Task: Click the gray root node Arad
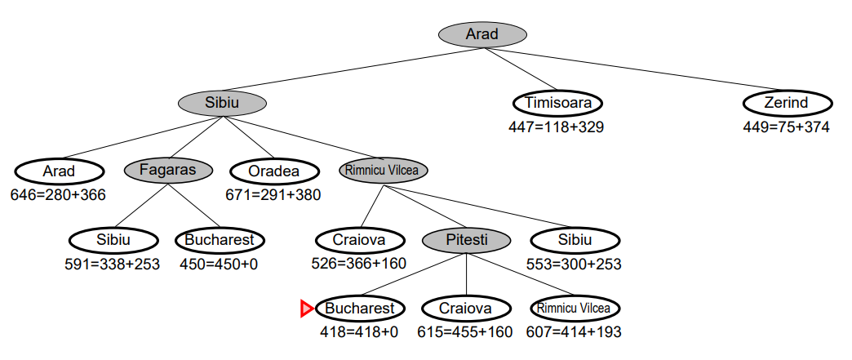[x=481, y=34]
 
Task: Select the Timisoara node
[x=558, y=104]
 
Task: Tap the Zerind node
[x=787, y=104]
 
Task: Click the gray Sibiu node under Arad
[x=223, y=103]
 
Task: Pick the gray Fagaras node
[x=169, y=171]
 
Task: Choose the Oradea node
[x=273, y=171]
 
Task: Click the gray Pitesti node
[x=467, y=240]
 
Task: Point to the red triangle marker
[x=306, y=309]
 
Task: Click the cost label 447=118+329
[x=557, y=127]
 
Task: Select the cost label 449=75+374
[x=786, y=127]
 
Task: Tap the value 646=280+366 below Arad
[x=59, y=195]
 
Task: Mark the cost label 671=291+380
[x=273, y=195]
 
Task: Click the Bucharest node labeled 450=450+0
[x=220, y=240]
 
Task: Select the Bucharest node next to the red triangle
[x=360, y=309]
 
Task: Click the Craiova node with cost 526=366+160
[x=360, y=240]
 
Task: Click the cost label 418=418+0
[x=359, y=332]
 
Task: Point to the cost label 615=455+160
[x=466, y=332]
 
